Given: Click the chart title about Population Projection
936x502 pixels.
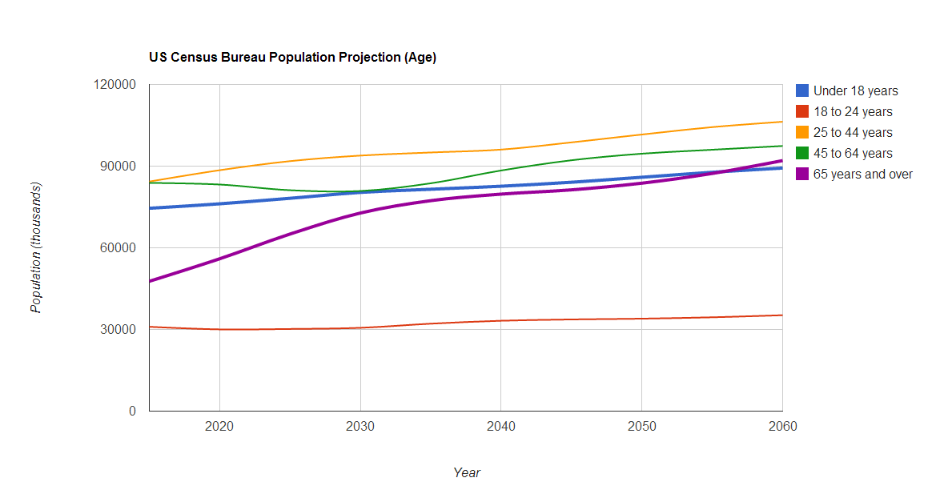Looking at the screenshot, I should tap(292, 58).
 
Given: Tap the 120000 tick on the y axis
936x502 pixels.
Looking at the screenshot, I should tap(115, 85).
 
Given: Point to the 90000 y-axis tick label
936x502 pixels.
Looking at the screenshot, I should tap(119, 167).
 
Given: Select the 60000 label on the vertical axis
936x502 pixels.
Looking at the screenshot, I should tap(119, 248).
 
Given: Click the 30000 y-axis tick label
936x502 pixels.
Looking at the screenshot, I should tap(119, 330).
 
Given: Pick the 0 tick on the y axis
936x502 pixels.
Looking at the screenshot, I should tap(132, 412).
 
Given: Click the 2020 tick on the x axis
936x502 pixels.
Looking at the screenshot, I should tap(219, 427).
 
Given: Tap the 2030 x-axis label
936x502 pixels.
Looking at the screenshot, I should tap(360, 427).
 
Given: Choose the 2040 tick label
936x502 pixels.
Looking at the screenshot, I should tap(500, 427).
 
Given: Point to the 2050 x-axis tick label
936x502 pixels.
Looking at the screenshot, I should tap(641, 427).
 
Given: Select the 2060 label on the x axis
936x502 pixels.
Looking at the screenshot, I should tap(782, 427).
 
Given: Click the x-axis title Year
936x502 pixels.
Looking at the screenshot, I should tap(467, 473).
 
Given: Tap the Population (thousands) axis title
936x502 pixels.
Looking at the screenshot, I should tap(36, 247).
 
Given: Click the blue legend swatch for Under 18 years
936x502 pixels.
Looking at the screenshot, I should tap(802, 90).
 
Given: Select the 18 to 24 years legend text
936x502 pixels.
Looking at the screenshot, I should tap(853, 112).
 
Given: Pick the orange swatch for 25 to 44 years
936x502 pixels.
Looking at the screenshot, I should tap(802, 132).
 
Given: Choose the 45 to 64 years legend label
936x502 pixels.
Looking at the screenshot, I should tap(853, 154).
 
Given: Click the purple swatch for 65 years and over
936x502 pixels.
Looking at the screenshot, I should tap(802, 174).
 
